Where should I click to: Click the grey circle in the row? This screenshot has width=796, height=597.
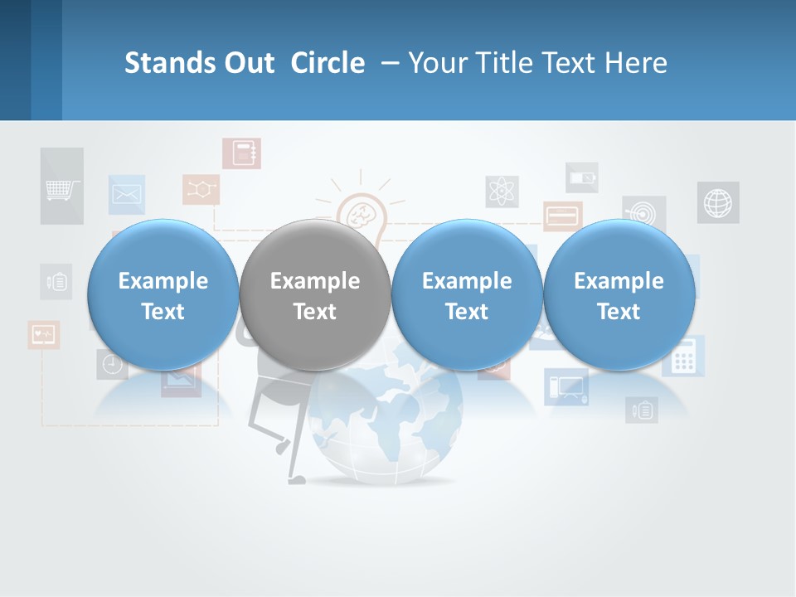[x=314, y=295]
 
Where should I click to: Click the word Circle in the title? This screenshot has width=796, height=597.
[x=328, y=63]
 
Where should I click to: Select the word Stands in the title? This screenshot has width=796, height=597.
[x=170, y=63]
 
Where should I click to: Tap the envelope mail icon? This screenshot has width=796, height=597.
[x=126, y=195]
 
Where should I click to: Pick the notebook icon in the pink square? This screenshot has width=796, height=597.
[x=241, y=153]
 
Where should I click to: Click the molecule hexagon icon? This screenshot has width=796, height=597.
[x=201, y=189]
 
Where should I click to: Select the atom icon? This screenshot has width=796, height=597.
[x=502, y=192]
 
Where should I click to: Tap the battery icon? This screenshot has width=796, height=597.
[x=581, y=177]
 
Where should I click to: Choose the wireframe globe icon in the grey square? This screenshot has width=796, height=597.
[x=718, y=202]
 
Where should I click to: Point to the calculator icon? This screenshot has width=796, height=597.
[x=684, y=357]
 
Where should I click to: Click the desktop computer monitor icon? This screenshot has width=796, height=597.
[x=566, y=386]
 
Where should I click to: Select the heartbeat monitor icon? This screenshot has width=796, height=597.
[x=43, y=334]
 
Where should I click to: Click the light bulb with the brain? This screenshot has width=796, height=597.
[x=362, y=215]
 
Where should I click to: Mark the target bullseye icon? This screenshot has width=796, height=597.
[x=644, y=211]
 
